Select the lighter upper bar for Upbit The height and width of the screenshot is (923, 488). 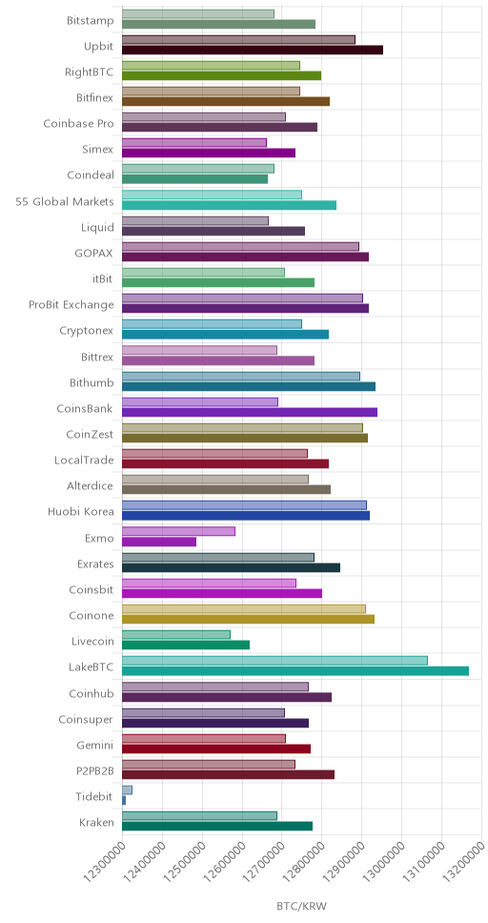tap(238, 39)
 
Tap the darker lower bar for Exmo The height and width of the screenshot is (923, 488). tap(159, 542)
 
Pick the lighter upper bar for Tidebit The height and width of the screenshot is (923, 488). tap(127, 790)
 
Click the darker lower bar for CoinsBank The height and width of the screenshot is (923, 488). tap(250, 412)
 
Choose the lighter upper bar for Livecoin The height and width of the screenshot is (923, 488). tap(176, 635)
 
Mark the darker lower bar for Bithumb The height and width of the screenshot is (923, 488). tap(249, 386)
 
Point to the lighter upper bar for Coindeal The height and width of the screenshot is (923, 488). tap(198, 169)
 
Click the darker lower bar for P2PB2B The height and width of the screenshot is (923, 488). tap(229, 774)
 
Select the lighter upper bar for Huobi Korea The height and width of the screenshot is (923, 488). tap(244, 505)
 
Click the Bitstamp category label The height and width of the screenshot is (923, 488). tap(91, 21)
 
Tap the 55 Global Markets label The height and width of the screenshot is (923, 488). tap(65, 202)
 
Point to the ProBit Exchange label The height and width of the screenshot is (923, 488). tap(71, 305)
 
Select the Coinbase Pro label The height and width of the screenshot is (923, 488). tap(79, 124)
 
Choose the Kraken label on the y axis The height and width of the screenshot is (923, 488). tap(96, 822)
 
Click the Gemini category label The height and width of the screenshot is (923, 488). tap(95, 746)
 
